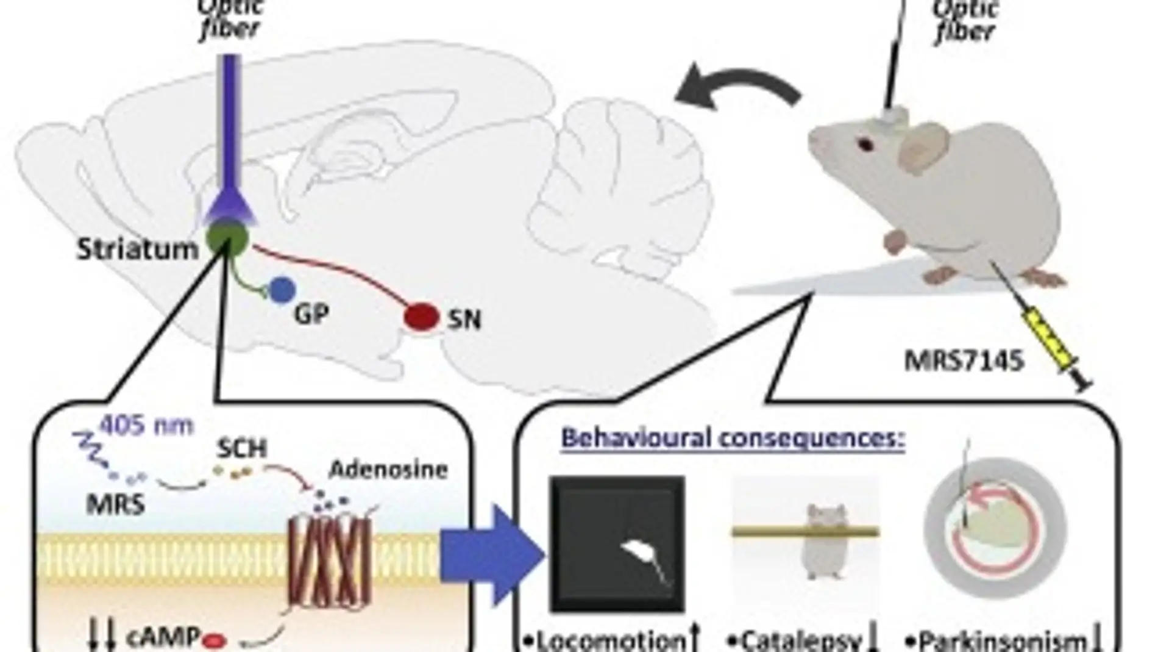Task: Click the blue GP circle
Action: point(282,291)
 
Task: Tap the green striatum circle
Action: point(227,238)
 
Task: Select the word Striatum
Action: point(138,249)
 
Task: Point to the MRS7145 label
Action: point(963,361)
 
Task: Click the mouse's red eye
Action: point(865,145)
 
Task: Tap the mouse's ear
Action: point(924,147)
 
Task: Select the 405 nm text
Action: point(146,425)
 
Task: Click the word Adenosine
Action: point(389,470)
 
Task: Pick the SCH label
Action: point(242,449)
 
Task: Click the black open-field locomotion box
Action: point(617,543)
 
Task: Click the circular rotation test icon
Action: point(995,528)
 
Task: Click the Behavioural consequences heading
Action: point(733,438)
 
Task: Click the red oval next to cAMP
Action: point(215,640)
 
